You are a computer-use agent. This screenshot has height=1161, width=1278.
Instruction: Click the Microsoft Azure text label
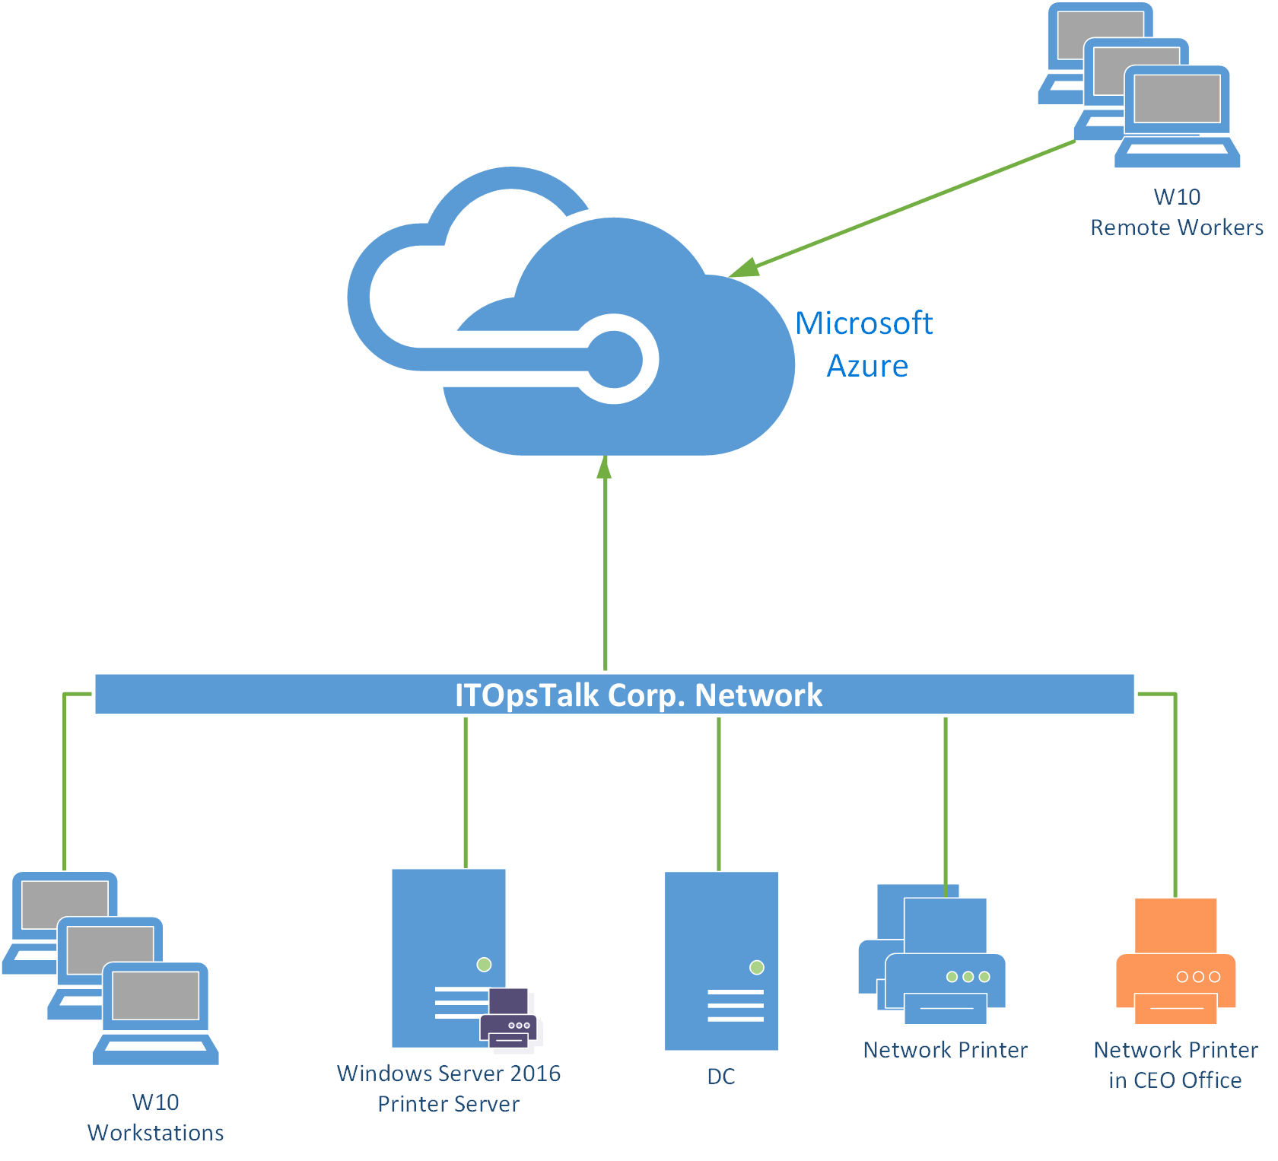(865, 345)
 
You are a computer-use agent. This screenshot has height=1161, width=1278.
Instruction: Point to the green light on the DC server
(756, 968)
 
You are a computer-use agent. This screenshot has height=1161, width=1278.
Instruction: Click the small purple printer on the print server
(509, 1018)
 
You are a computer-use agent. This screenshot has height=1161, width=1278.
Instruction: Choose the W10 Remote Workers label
(1176, 212)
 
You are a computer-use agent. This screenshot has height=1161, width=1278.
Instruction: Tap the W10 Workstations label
(156, 1117)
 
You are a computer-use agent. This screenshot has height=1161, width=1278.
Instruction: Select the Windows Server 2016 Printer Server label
(449, 1088)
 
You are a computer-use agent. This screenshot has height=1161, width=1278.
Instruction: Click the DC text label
(721, 1077)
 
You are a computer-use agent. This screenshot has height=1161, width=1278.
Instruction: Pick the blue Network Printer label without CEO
(945, 1050)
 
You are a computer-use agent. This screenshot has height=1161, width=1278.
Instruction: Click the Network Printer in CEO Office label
(1175, 1064)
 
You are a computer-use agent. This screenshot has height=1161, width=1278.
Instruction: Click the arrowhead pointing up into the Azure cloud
(605, 467)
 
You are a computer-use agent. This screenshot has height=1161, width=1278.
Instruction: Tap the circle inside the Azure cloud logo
(614, 360)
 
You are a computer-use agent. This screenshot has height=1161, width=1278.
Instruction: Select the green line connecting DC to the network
(719, 791)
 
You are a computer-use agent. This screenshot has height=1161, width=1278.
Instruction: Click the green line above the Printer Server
(466, 791)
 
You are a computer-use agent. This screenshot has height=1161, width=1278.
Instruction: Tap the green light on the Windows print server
(484, 965)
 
